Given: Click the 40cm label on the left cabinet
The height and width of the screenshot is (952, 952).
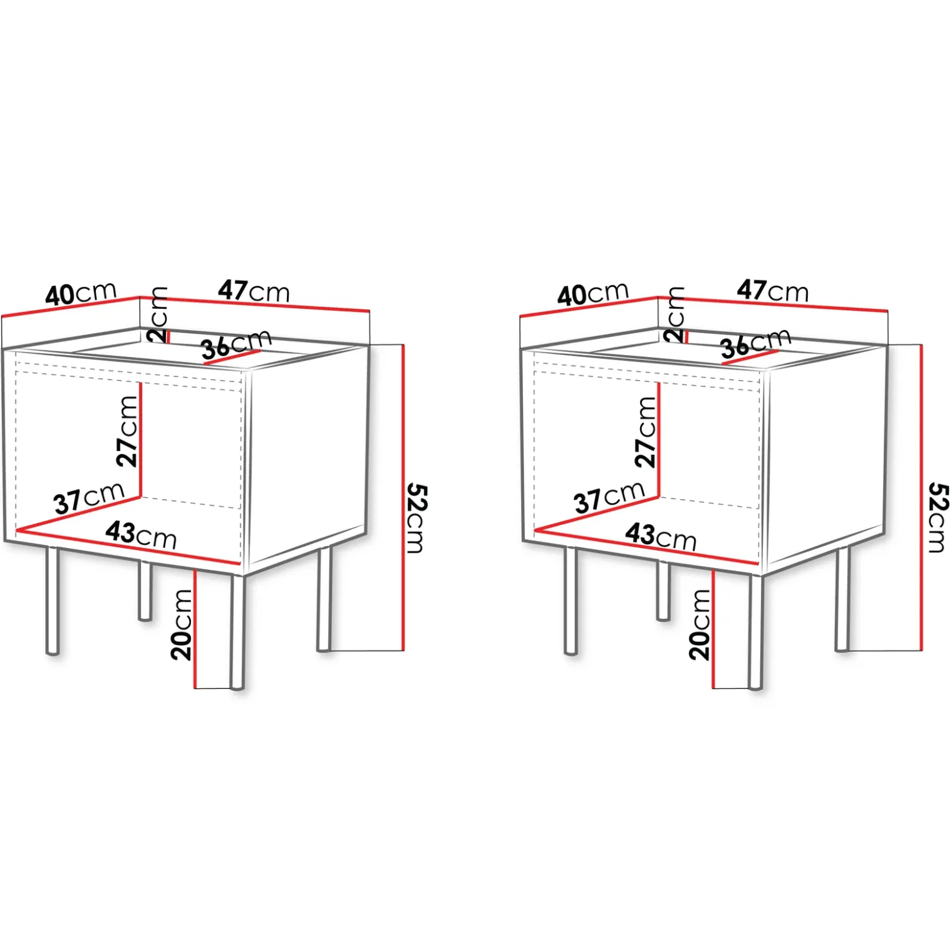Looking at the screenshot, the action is coord(81,294).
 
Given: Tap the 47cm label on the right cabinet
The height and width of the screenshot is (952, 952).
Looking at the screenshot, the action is coord(773,291).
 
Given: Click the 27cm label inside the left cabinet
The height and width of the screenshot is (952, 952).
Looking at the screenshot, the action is coord(127,431).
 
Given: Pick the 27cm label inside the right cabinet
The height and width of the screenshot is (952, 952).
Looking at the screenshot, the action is coord(646,431).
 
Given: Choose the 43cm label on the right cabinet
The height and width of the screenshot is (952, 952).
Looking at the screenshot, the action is coord(661,536).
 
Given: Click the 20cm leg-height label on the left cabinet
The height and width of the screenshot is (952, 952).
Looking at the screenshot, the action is coord(181,625).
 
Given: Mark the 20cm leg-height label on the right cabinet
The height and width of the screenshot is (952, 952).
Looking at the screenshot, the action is coord(700,625).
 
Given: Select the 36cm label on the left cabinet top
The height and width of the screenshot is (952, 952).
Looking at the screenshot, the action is coord(236,345).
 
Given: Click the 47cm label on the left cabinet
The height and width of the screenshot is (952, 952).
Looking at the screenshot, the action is coord(253,291).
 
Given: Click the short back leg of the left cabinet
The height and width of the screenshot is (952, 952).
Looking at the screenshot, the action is coord(145,590).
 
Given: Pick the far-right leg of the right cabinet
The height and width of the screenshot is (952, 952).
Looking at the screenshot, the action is coord(843,599).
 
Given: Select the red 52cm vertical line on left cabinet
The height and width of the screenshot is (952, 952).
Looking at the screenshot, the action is coord(403,498).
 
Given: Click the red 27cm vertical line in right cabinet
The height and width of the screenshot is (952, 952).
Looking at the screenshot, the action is coord(659,440).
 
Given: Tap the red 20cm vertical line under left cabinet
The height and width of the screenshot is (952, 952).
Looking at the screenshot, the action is coord(195,628).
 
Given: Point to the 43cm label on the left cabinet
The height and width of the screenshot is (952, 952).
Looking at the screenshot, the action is coord(142,535).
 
